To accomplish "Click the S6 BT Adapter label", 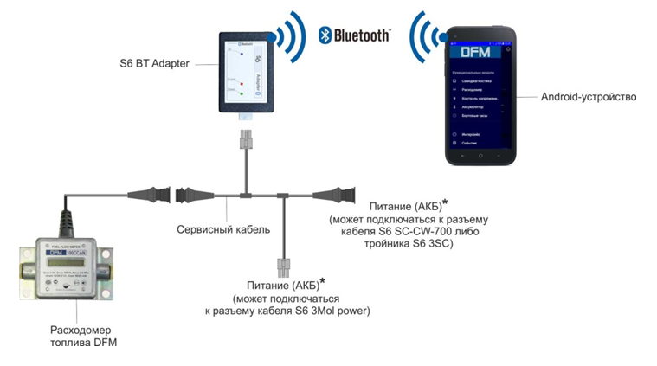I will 153,64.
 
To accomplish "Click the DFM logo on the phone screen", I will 476,52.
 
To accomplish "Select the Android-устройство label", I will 588,97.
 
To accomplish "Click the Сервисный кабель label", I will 223,229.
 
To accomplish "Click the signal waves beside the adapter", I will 291,39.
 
